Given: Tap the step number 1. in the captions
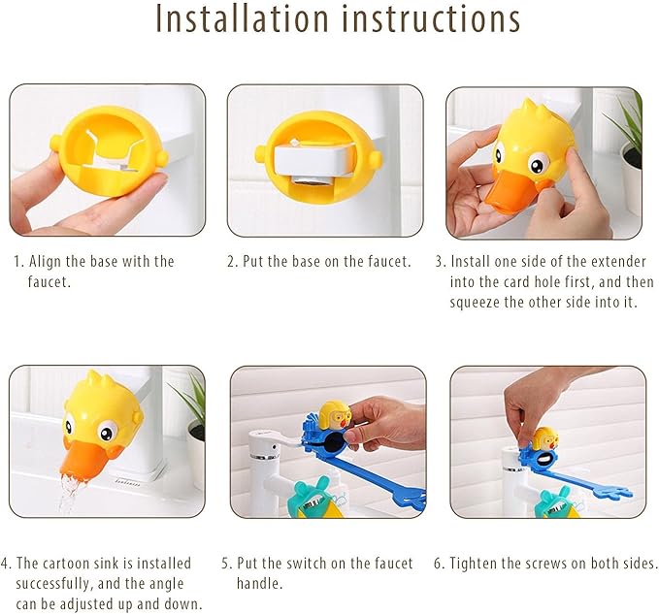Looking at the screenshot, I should point(17,261).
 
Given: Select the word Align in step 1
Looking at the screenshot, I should point(47,261).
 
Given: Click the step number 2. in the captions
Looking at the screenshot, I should point(232,261).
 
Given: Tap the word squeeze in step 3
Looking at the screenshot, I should point(478,302).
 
